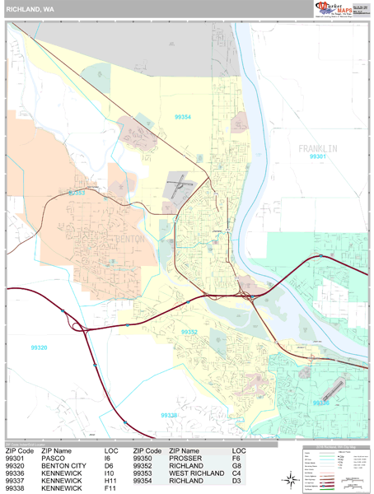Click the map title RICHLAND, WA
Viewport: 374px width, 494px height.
pyautogui.click(x=30, y=9)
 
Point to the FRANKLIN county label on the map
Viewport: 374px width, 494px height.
pyautogui.click(x=318, y=147)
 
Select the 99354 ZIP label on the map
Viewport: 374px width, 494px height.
pyautogui.click(x=183, y=117)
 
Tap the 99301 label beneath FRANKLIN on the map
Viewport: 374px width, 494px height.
pyautogui.click(x=318, y=156)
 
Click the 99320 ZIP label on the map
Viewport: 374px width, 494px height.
pyautogui.click(x=40, y=347)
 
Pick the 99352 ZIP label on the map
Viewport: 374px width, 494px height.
pyautogui.click(x=189, y=332)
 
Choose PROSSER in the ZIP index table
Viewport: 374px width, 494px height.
pyautogui.click(x=185, y=459)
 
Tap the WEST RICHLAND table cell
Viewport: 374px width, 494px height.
pyautogui.click(x=196, y=473)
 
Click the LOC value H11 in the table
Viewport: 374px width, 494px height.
pyautogui.click(x=111, y=481)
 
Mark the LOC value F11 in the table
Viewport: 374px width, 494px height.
pyautogui.click(x=111, y=488)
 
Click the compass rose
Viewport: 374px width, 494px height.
pyautogui.click(x=292, y=478)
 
